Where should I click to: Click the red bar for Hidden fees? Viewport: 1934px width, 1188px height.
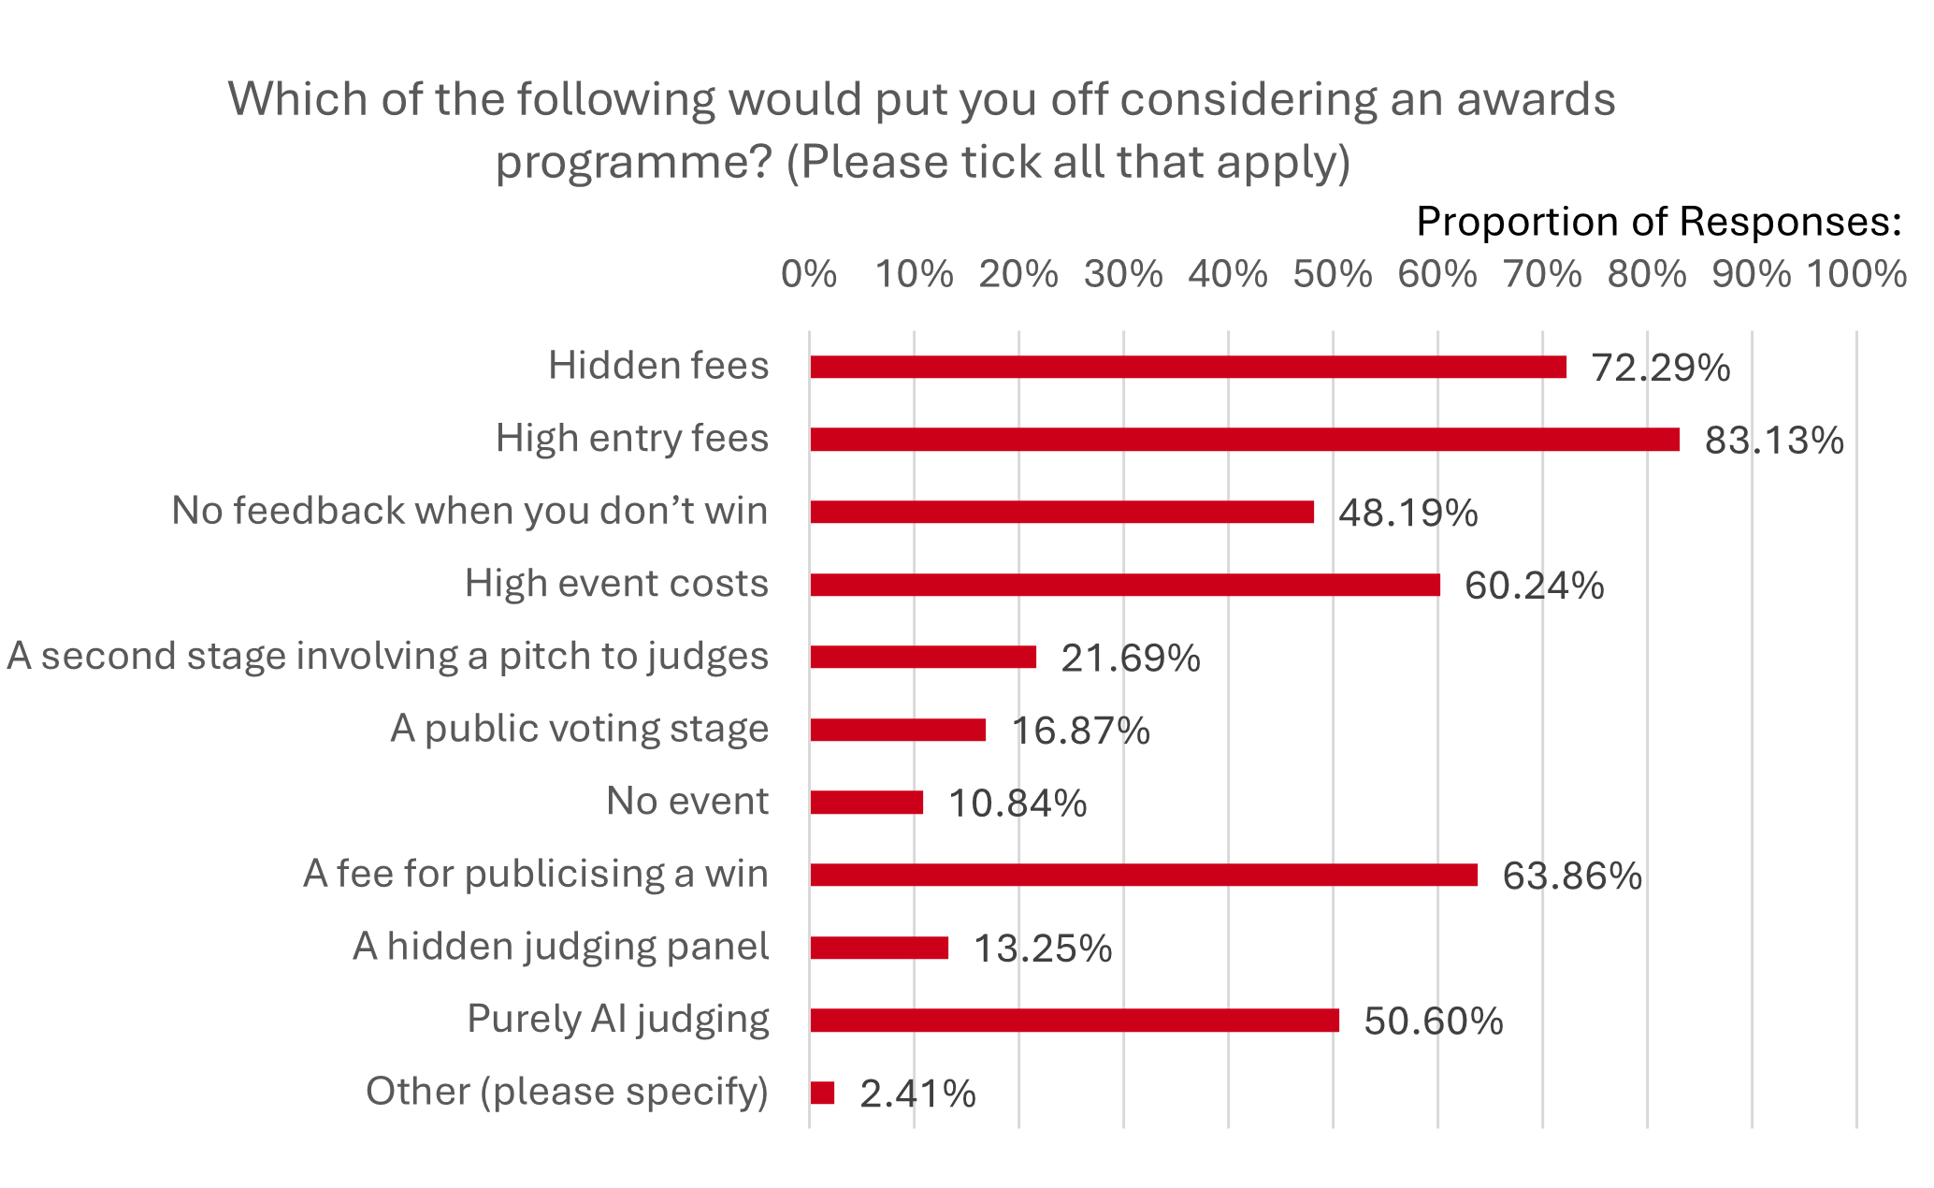click(1188, 367)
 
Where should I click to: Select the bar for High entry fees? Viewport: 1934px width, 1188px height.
click(1244, 440)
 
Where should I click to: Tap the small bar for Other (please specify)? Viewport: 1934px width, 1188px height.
click(822, 1093)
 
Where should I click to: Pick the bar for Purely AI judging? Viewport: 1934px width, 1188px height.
click(1074, 1021)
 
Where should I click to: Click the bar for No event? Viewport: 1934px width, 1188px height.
click(866, 803)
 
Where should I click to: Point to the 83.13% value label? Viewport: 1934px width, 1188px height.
click(1773, 441)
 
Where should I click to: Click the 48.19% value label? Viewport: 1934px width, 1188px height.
click(1407, 513)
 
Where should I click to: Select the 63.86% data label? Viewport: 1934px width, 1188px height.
click(1571, 877)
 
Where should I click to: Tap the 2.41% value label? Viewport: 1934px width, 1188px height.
click(916, 1094)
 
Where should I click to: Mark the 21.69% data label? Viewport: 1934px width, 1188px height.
click(1130, 659)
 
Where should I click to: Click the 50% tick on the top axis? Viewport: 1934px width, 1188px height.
click(1332, 275)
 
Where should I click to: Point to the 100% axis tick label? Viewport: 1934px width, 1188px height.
click(1855, 275)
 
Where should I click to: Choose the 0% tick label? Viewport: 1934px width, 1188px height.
click(809, 275)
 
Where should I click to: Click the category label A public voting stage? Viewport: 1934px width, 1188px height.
click(579, 729)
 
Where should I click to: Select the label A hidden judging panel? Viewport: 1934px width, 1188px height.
click(560, 947)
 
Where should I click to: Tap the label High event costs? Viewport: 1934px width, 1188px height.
click(616, 584)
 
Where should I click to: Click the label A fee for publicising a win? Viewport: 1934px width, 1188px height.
click(535, 874)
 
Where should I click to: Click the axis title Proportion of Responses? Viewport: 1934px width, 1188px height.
click(1658, 223)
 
